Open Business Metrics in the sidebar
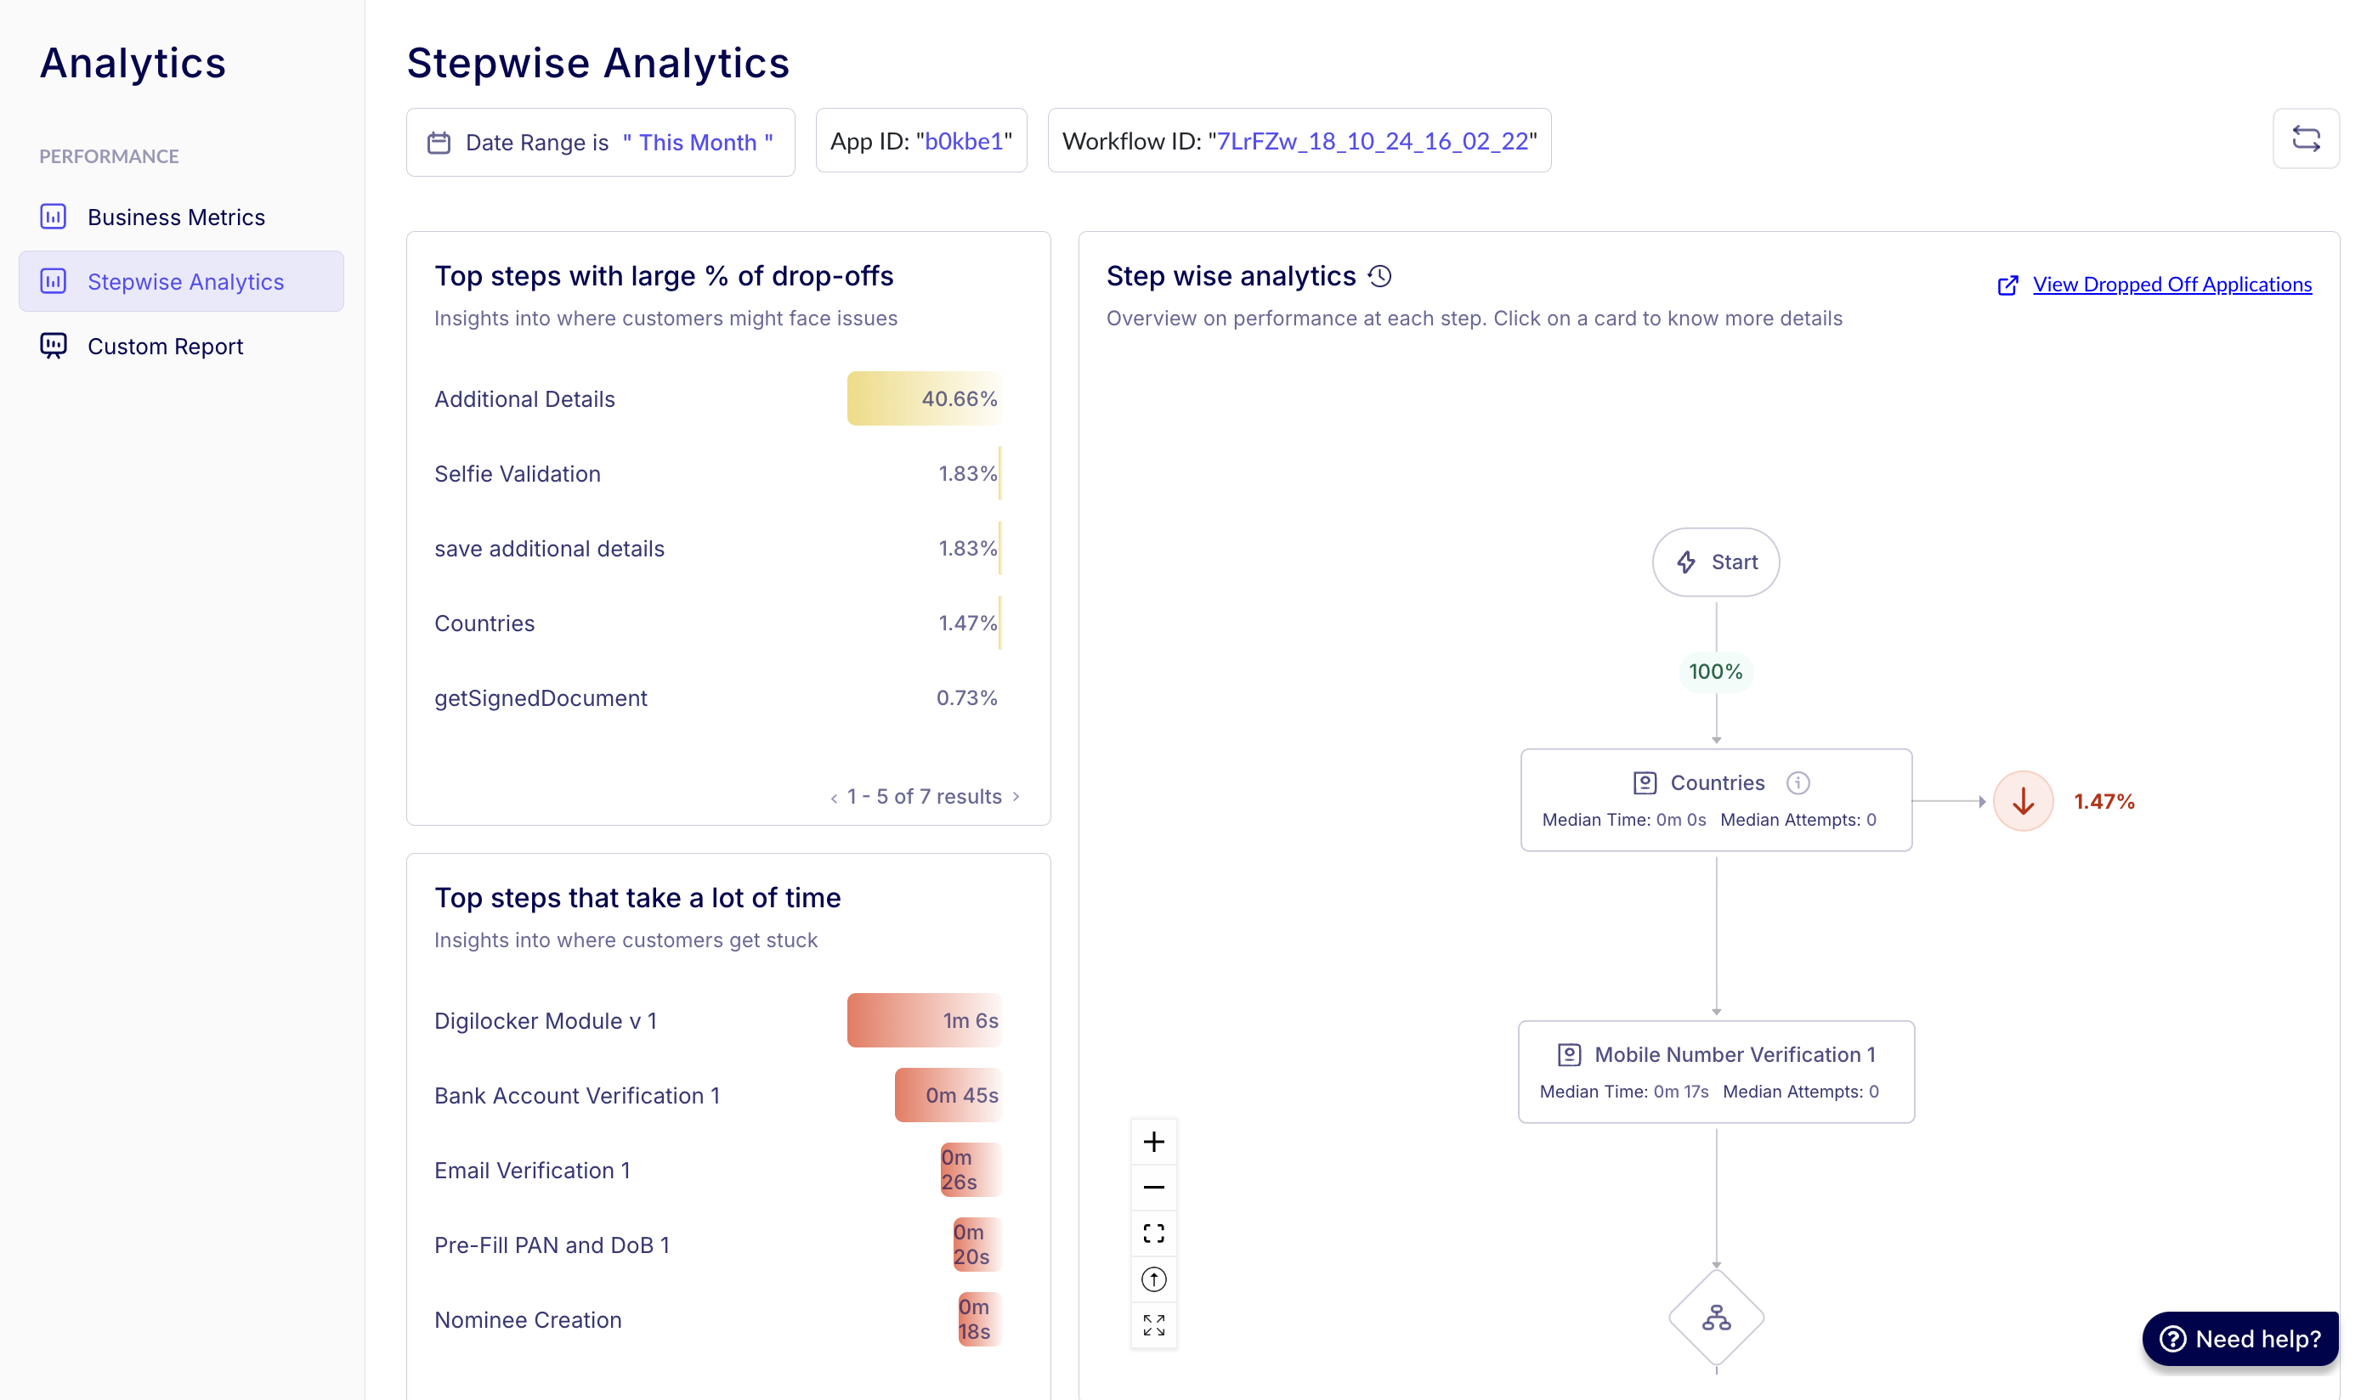[176, 217]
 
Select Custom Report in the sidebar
[165, 347]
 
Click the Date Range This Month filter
[600, 143]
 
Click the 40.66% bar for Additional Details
[924, 399]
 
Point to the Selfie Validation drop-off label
[517, 473]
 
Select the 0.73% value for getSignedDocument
[965, 698]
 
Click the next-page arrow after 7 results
[1016, 796]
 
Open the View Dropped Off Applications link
[2171, 285]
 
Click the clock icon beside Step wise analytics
[1379, 276]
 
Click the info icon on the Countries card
[1797, 783]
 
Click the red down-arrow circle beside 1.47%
[2022, 801]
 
